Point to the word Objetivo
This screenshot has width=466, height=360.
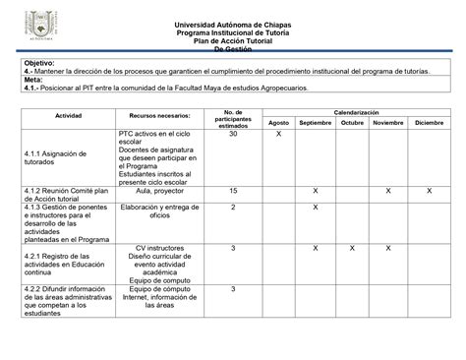41,63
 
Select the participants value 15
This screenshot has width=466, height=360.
233,190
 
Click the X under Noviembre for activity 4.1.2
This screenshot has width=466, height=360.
388,190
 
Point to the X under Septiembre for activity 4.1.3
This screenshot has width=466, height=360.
315,208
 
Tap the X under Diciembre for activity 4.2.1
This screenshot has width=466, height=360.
428,248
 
